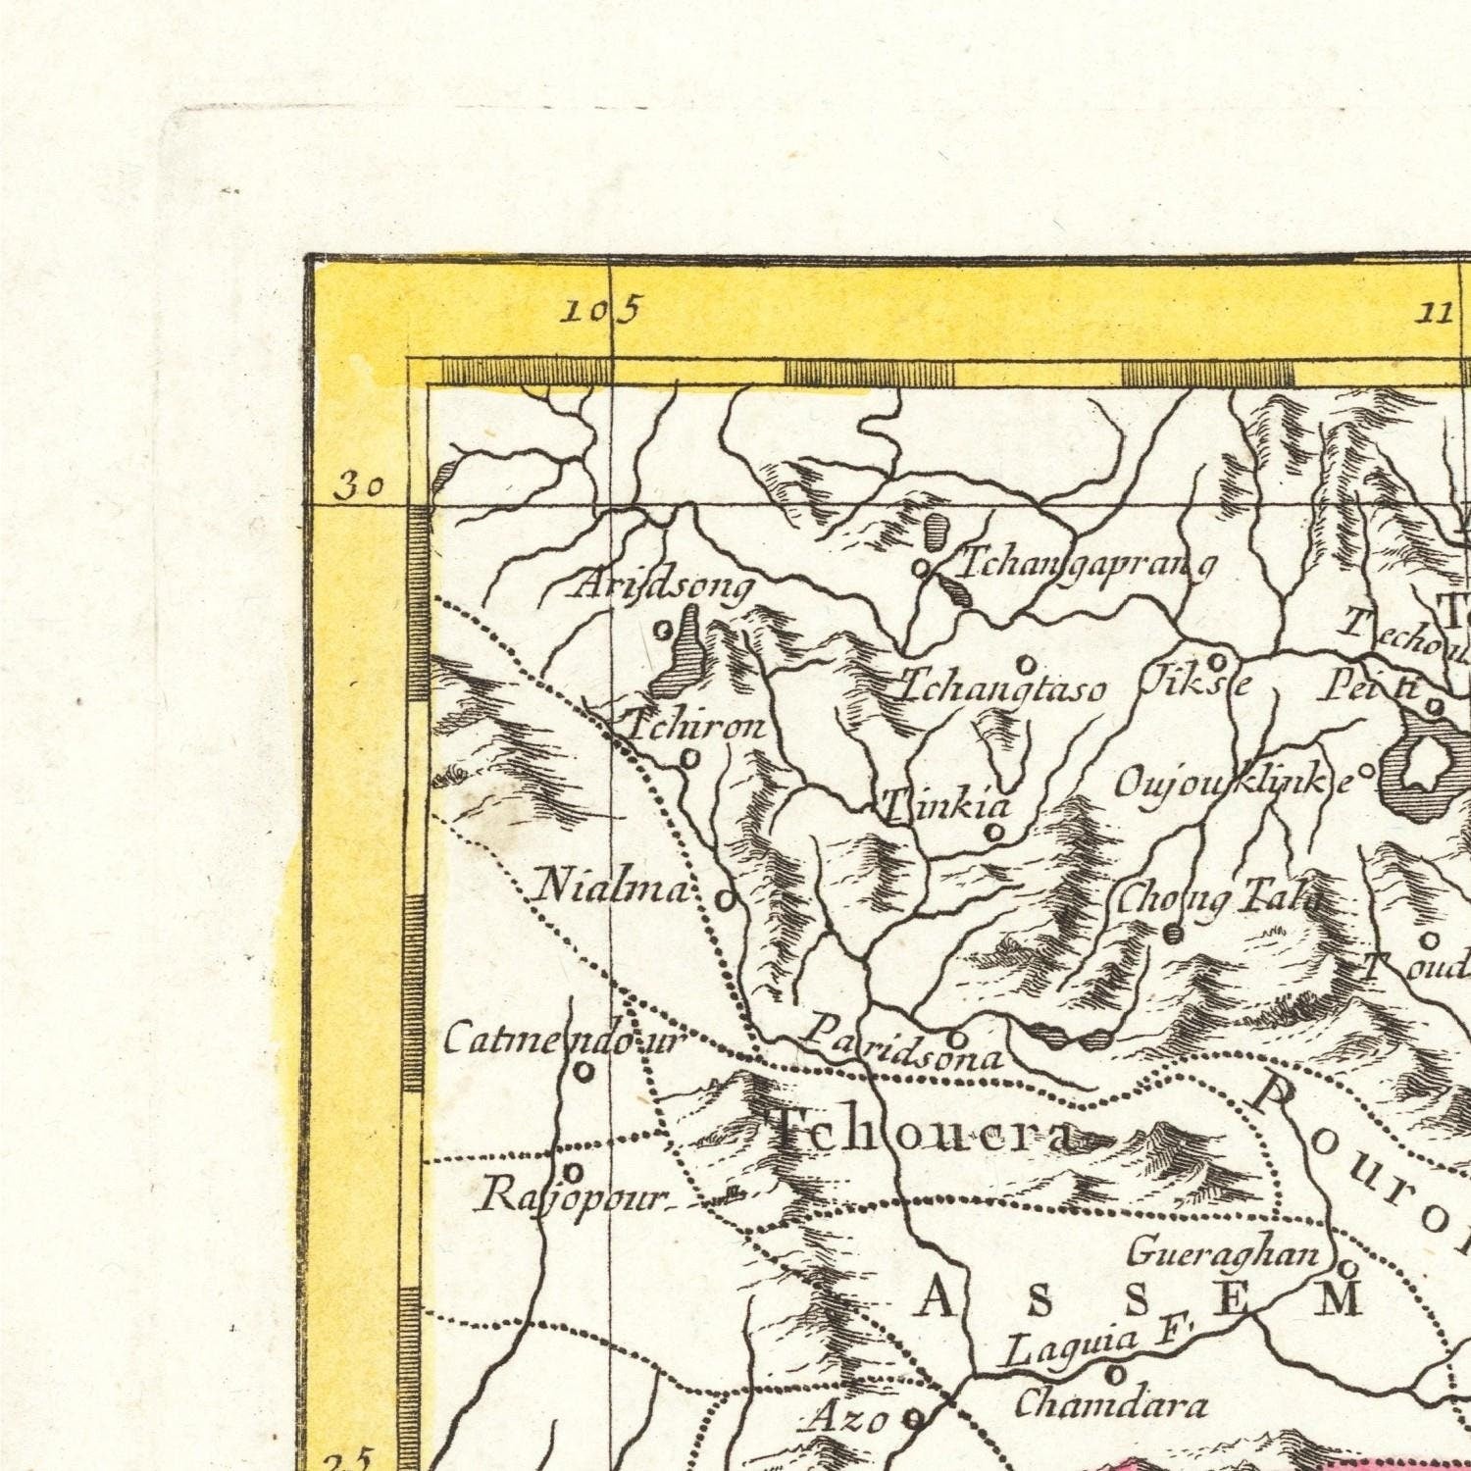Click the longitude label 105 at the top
[600, 312]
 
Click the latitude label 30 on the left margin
[358, 486]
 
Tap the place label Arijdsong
[663, 586]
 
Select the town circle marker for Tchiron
[690, 758]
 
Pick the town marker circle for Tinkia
[994, 833]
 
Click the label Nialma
[612, 888]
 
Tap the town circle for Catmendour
[584, 1072]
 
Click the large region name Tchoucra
[922, 1134]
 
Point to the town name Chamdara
[1110, 1405]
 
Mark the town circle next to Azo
[914, 1417]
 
